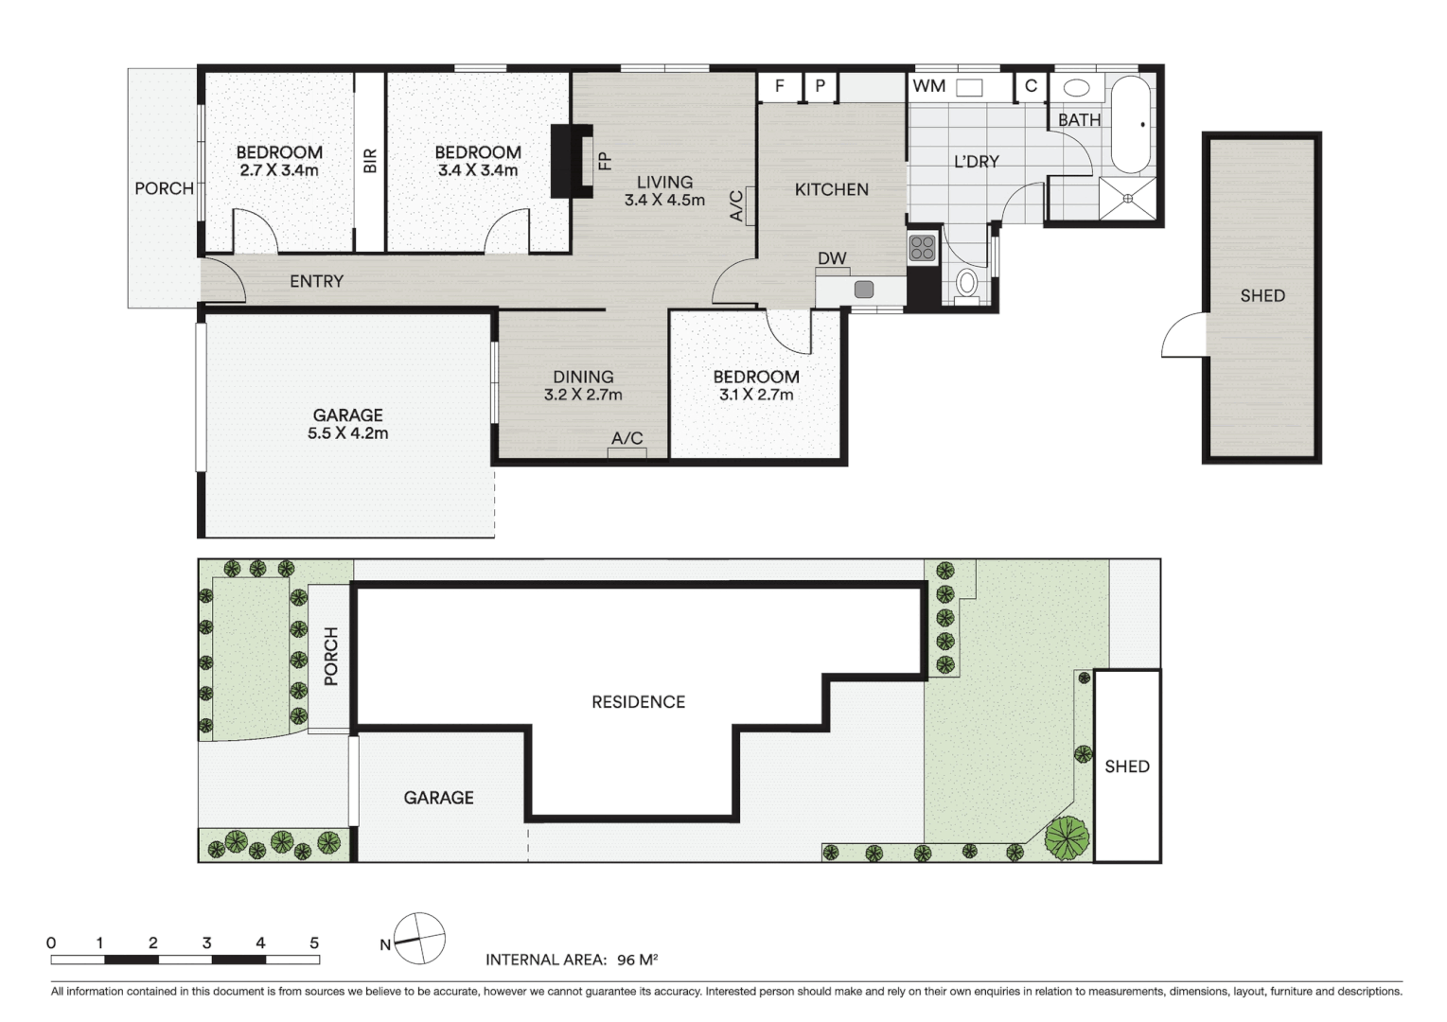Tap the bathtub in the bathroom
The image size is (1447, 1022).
pos(1130,123)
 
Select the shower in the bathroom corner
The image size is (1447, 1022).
pos(1128,199)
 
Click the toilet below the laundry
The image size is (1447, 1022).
pos(966,283)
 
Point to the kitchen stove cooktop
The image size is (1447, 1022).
pos(922,248)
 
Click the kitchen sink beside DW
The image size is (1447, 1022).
pos(863,290)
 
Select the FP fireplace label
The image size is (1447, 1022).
pos(605,161)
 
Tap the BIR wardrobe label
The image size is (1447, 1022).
pos(370,161)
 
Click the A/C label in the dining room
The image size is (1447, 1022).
pos(626,438)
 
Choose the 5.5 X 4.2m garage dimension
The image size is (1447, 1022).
pos(347,433)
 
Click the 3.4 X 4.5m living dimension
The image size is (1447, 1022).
pos(664,200)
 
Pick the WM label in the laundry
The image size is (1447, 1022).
pos(928,86)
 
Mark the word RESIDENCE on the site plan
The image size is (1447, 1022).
pos(638,701)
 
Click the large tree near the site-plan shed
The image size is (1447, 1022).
pos(1068,838)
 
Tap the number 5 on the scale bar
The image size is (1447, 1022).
pos(314,943)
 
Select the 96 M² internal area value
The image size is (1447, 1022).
pos(637,960)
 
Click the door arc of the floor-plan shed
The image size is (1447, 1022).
pos(1181,338)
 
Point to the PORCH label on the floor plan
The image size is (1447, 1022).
pos(164,188)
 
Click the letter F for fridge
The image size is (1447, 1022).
pos(780,86)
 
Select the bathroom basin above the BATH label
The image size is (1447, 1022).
pos(1076,88)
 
